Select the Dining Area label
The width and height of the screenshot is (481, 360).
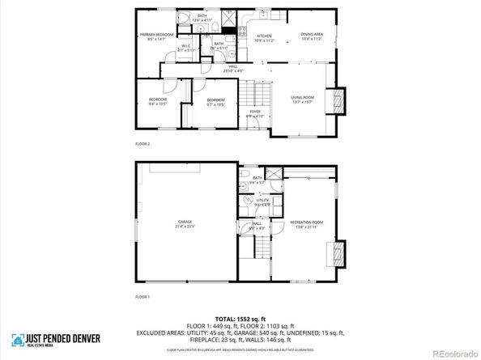pos(312,36)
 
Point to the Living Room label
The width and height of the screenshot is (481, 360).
pos(303,100)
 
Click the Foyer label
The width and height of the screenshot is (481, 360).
pos(255,113)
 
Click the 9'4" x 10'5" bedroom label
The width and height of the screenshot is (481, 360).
pos(157,102)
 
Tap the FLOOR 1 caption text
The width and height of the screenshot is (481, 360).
pos(142,298)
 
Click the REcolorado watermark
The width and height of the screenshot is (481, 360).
pos(453,353)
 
